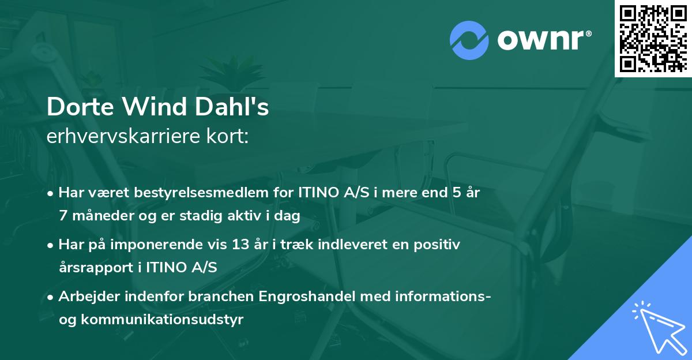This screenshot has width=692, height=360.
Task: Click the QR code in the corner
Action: pyautogui.click(x=653, y=38)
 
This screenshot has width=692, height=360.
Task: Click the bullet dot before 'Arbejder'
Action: pyautogui.click(x=51, y=298)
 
